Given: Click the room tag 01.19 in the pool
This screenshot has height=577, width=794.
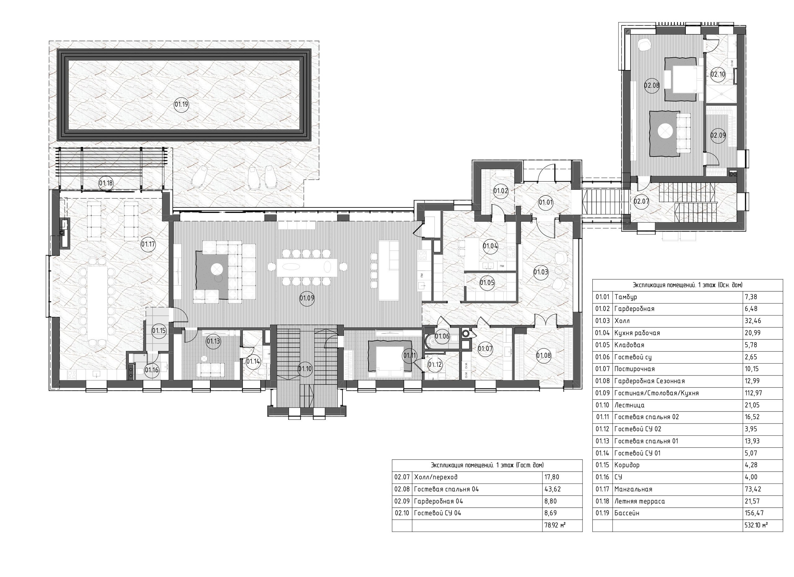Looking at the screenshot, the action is [x=181, y=104].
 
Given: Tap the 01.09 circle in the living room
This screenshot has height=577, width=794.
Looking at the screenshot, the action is [x=307, y=299].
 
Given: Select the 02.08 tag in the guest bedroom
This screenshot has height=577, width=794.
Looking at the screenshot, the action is [x=652, y=85].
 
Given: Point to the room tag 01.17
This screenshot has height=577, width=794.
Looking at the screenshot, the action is [x=148, y=244].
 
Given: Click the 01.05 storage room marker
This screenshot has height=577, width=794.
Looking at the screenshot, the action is [x=487, y=283].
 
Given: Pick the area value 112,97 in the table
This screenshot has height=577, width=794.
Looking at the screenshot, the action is [x=753, y=393].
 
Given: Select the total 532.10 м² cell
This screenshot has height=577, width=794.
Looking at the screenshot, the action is [x=756, y=525].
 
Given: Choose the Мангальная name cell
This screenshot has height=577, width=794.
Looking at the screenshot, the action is [x=677, y=489].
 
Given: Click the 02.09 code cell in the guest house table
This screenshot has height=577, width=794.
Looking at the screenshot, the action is [x=402, y=501].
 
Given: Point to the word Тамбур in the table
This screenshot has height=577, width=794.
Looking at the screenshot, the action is [x=626, y=297].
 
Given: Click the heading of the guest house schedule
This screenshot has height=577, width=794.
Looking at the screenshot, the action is [x=487, y=465].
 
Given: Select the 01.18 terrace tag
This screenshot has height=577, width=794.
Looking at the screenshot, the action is [x=106, y=183].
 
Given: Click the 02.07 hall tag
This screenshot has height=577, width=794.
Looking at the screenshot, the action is [x=641, y=202].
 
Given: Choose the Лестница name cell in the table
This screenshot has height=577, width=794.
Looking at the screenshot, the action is [x=677, y=405].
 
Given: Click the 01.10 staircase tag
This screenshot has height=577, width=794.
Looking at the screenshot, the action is [x=305, y=369].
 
